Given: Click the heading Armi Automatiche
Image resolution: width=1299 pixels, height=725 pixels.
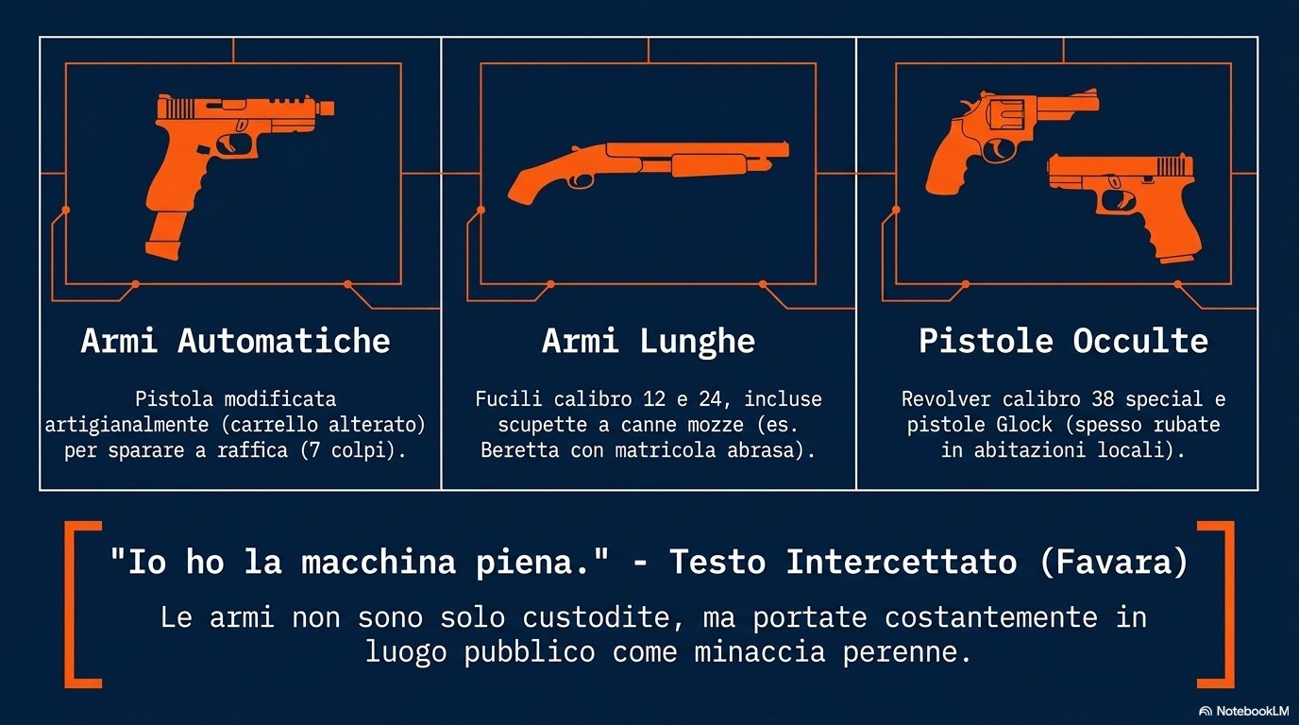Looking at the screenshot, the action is [x=235, y=341].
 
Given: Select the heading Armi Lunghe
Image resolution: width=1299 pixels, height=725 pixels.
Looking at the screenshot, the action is [x=649, y=342].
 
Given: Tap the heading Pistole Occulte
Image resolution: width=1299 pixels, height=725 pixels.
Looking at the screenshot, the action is [x=1063, y=341].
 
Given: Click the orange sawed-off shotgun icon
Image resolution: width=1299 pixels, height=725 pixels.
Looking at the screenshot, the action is [x=649, y=172].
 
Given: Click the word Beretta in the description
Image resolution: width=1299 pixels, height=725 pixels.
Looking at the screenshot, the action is [x=519, y=450].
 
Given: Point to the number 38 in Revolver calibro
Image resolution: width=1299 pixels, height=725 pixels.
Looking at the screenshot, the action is [x=1103, y=399].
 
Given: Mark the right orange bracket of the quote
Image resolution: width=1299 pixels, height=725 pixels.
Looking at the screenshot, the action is [x=1217, y=604].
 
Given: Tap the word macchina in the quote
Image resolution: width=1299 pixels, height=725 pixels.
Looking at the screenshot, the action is [x=379, y=562].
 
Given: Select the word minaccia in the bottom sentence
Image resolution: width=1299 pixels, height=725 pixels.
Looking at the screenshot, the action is [x=760, y=652].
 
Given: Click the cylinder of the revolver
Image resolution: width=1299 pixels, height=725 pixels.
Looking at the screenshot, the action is [x=1006, y=115].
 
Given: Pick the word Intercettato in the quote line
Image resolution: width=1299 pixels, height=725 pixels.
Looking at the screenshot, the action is [x=902, y=562].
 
